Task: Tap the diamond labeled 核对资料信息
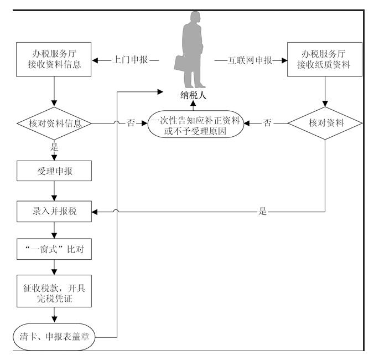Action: tap(54, 123)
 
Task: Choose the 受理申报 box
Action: tap(54, 171)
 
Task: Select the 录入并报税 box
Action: tap(54, 212)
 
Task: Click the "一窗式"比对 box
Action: tap(54, 251)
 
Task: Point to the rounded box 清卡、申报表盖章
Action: tap(54, 334)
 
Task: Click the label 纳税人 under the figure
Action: tap(194, 95)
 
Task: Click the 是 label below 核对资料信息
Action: tap(54, 148)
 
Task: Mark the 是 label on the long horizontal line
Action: tap(262, 212)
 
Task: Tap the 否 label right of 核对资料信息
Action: tap(131, 123)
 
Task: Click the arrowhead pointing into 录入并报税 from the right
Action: tap(94, 212)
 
